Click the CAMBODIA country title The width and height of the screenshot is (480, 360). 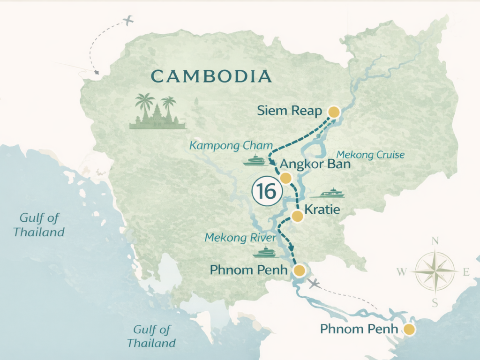(x=211, y=76)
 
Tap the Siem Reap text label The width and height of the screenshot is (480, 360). (x=290, y=112)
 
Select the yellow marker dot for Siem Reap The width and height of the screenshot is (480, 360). (x=334, y=112)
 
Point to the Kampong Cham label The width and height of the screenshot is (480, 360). (x=224, y=146)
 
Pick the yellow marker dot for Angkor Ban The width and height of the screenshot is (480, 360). (x=285, y=178)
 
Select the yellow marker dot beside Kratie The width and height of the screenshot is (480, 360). (x=297, y=216)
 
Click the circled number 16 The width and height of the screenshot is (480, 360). (x=266, y=191)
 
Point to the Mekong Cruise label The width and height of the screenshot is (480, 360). (x=370, y=155)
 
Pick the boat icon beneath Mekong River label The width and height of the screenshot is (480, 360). (x=266, y=252)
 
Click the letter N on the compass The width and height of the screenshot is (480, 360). (x=435, y=241)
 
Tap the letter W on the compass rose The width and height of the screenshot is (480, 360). (x=402, y=271)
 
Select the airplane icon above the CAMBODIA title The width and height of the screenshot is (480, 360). (x=127, y=21)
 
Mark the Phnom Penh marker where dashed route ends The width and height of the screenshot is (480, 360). (x=299, y=270)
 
